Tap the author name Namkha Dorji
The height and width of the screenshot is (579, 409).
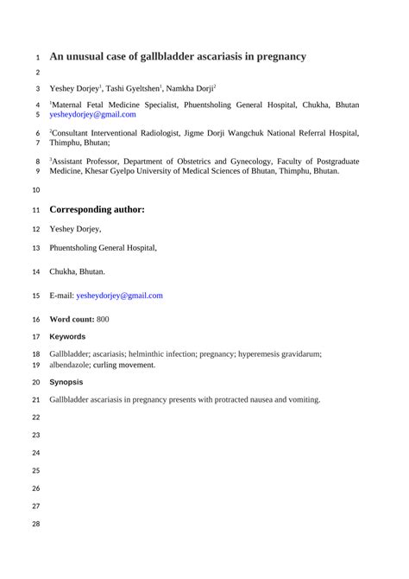coord(191,88)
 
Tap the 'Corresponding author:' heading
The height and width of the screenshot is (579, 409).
coord(97,209)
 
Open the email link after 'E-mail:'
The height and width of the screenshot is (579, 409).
coord(119,296)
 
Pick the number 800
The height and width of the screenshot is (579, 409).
coord(102,319)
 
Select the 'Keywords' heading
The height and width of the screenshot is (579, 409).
coord(67,336)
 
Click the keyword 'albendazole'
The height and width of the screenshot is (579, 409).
coord(74,365)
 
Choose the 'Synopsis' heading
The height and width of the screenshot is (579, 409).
coord(66,382)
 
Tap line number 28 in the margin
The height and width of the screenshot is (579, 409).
coord(35,525)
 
